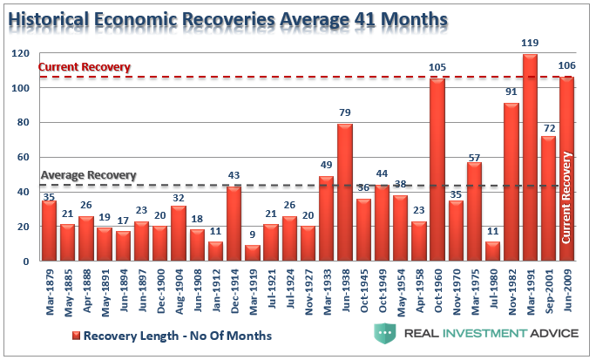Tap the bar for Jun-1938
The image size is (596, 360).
(x=345, y=193)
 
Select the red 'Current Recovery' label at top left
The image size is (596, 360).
(x=85, y=67)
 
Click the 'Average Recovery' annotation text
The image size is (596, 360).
(x=89, y=174)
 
